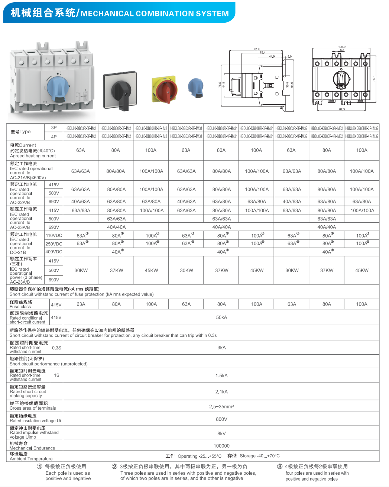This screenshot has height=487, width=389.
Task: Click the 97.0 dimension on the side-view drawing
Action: [x=257, y=49]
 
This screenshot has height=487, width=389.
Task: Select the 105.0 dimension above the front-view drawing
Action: [x=342, y=47]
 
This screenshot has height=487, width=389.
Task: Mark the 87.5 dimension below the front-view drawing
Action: [x=342, y=109]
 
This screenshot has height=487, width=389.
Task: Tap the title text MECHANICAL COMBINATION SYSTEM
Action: [x=155, y=14]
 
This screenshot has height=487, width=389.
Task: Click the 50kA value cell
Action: [x=221, y=317]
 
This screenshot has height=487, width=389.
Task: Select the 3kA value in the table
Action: [x=221, y=348]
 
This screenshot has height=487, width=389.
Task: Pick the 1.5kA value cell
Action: [x=221, y=375]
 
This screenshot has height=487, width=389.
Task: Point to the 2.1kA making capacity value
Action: [x=221, y=392]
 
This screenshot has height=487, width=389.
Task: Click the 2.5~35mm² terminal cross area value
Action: [x=221, y=407]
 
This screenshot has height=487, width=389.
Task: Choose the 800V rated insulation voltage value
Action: [x=221, y=419]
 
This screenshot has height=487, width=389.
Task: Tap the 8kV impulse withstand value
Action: [x=221, y=433]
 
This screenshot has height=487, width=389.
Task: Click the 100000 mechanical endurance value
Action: [x=221, y=446]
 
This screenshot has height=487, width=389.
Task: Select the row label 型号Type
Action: [x=20, y=132]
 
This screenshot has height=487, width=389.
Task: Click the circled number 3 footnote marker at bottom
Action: [x=279, y=467]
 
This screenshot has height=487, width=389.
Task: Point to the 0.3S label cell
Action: [x=56, y=348]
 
